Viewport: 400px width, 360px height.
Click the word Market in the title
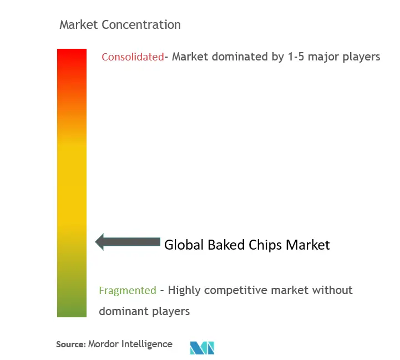tap(79, 25)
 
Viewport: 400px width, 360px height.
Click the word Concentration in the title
tap(141, 25)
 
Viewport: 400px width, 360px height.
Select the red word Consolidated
tap(133, 57)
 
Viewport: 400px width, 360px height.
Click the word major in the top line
tap(323, 57)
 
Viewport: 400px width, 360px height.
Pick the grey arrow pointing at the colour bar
tap(128, 242)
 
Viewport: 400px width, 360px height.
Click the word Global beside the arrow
tap(184, 245)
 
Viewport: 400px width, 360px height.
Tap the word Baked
tap(226, 245)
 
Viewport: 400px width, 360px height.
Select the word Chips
tap(265, 245)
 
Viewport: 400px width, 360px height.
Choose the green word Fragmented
tap(128, 291)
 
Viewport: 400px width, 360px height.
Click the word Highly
tap(184, 291)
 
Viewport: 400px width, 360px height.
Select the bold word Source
tap(71, 344)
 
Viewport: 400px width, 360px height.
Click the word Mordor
tap(103, 344)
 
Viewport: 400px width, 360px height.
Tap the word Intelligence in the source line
tap(147, 344)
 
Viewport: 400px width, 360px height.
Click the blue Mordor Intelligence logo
tap(202, 348)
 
